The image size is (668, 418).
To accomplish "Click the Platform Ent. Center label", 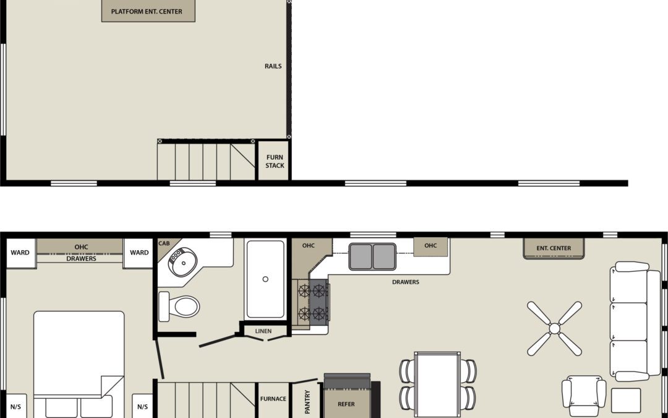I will [x=147, y=12].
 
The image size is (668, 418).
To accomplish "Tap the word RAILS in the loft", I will [x=273, y=66].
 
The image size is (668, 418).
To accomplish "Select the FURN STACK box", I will [x=275, y=162].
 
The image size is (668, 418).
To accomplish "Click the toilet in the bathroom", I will [x=180, y=307].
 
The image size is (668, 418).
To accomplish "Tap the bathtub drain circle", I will [x=265, y=279].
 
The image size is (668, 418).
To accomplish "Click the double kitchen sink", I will [x=372, y=256].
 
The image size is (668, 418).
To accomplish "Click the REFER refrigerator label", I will [x=346, y=404].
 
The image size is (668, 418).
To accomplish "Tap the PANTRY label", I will [x=307, y=401].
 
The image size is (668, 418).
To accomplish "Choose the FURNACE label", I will [x=273, y=399].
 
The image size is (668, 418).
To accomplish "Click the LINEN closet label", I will [x=263, y=331].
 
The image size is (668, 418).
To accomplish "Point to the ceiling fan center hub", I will [x=554, y=328].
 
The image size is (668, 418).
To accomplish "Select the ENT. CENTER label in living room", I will [x=554, y=248].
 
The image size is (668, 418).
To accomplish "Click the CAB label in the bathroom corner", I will [x=164, y=244].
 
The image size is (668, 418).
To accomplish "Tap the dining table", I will [x=437, y=379].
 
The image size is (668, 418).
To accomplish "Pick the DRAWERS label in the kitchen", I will [x=406, y=282].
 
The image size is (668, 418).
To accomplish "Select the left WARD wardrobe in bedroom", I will [x=20, y=253].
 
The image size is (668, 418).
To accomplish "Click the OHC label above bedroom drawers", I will [x=81, y=247].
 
